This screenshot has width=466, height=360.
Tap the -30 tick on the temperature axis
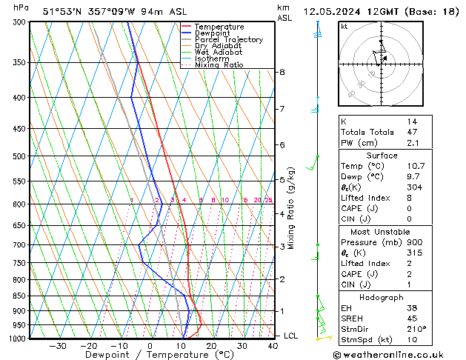pyautogui.click(x=58, y=346)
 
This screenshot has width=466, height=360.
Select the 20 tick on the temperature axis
pyautogui.click(x=211, y=346)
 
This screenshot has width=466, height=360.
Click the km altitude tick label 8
pyautogui.click(x=282, y=72)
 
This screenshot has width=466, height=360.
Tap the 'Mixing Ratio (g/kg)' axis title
pyautogui.click(x=292, y=208)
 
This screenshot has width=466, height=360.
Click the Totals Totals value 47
pyautogui.click(x=412, y=132)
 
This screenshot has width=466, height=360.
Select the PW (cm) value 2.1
pyautogui.click(x=412, y=143)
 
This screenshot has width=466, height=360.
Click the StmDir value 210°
pyautogui.click(x=416, y=329)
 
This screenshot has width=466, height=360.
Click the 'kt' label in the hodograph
pyautogui.click(x=344, y=26)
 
